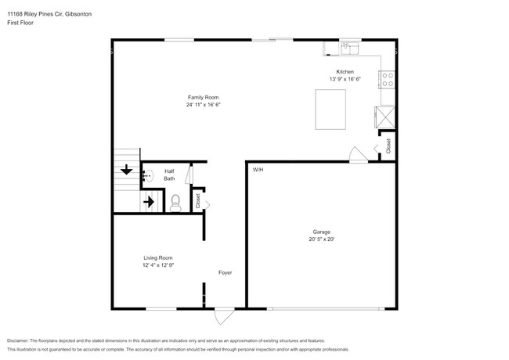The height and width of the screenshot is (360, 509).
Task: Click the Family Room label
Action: pos(203,96)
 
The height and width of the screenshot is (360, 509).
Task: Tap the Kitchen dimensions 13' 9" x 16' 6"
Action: pos(345,79)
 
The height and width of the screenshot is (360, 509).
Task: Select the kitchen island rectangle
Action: pos(330,109)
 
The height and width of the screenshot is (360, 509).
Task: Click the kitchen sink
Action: pos(348,49)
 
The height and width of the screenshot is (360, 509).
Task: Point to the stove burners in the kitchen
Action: pos(387,79)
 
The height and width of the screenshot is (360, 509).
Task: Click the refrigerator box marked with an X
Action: pos(386,116)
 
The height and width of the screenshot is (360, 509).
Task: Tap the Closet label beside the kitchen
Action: pos(388,146)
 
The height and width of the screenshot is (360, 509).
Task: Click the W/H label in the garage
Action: pos(258,170)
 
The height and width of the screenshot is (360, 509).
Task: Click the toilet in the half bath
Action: pos(175,203)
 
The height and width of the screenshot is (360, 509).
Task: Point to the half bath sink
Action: pos(145,177)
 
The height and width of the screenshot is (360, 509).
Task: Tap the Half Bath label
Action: pos(169,175)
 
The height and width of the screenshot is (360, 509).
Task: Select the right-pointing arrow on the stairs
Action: pos(149,202)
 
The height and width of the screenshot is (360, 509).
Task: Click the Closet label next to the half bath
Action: pos(198,200)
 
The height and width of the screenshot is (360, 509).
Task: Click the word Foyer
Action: pos(225,272)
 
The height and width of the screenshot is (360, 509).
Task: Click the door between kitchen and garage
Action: pos(357,154)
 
